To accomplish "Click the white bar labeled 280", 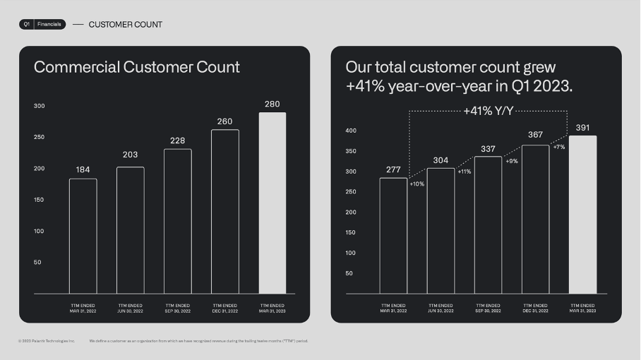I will pos(272,203).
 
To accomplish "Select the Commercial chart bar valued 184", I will pos(83,236).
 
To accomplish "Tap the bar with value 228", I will pos(177,221).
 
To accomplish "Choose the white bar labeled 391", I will pos(582,214).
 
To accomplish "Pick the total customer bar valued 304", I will pos(441,230).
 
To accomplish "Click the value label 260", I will pos(224,121).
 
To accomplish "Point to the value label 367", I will pos(535,135).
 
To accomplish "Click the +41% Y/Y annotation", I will pos(489,111).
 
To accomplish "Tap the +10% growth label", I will pos(417,184).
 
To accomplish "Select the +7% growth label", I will pos(558,147).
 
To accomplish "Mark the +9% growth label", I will pos(512,161).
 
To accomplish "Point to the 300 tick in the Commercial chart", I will pos(39,106).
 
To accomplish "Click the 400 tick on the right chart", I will pos(351,131).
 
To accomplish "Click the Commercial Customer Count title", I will pos(137,67).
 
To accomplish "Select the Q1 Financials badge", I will pos(42,24).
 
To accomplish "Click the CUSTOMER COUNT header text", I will pos(126,25).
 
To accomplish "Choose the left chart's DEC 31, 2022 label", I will pos(224,308).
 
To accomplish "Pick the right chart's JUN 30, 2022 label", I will pos(441,308).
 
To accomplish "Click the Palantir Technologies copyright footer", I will pos(47,341).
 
